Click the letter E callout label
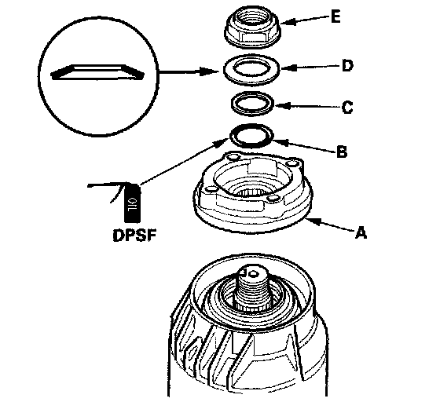click(335, 16)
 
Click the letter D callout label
click(347, 66)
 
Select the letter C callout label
click(347, 107)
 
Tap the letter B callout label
click(342, 152)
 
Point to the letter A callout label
click(361, 232)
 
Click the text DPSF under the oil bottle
click(134, 236)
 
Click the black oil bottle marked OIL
click(132, 203)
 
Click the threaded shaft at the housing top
click(251, 291)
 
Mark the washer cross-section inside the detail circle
click(97, 73)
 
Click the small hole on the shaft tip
click(255, 273)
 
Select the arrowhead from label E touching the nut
click(288, 22)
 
